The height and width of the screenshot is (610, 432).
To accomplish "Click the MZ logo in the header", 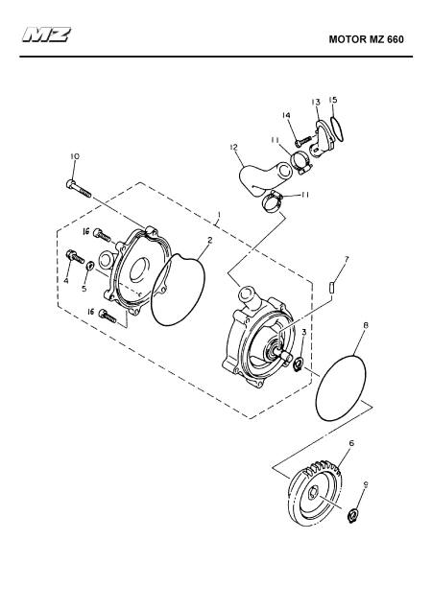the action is pyautogui.click(x=46, y=35).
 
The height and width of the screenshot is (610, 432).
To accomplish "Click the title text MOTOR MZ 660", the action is pyautogui.click(x=366, y=39).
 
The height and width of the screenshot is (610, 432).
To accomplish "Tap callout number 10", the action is pyautogui.click(x=75, y=156).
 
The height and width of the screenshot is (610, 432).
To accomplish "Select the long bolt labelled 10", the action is pyautogui.click(x=79, y=189).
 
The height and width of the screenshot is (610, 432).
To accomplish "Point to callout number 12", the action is pyautogui.click(x=233, y=147).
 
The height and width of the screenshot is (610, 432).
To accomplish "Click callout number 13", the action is pyautogui.click(x=316, y=102).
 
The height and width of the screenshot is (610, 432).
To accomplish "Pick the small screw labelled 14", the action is pyautogui.click(x=303, y=141).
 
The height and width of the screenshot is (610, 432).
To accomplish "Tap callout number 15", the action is pyautogui.click(x=333, y=100).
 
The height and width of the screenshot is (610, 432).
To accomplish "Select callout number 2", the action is pyautogui.click(x=210, y=240).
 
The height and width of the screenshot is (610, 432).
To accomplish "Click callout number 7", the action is pyautogui.click(x=347, y=259).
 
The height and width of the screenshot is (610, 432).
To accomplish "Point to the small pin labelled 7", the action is pyautogui.click(x=331, y=289).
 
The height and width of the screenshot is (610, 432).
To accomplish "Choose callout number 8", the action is pyautogui.click(x=366, y=324).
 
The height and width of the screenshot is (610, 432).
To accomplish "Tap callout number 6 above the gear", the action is pyautogui.click(x=351, y=443).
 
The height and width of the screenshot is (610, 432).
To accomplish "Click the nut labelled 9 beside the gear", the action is pyautogui.click(x=352, y=516).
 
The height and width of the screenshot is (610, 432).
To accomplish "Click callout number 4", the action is pyautogui.click(x=66, y=280).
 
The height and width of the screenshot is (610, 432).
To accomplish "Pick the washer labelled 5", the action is pyautogui.click(x=89, y=266).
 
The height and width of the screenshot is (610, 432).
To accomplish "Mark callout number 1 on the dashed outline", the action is pyautogui.click(x=219, y=215).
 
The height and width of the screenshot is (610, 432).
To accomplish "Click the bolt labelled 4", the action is pyautogui.click(x=76, y=256).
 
